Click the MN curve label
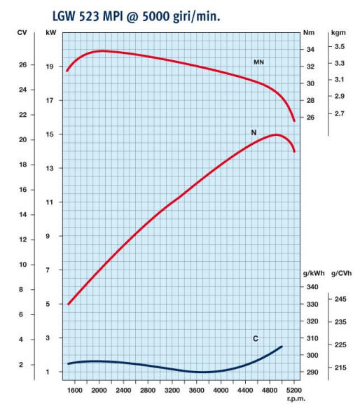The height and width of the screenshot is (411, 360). tap(258, 62)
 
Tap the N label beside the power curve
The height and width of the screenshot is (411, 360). tap(254, 132)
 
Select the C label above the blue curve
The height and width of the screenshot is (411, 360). tap(256, 339)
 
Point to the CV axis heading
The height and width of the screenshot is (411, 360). tap(22, 33)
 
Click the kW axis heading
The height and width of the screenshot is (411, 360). tap(50, 33)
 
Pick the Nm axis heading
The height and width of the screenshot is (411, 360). tap(308, 33)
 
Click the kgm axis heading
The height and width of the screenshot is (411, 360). tap(339, 33)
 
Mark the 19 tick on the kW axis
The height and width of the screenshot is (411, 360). tap(50, 67)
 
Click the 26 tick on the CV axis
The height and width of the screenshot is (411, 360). tap(22, 64)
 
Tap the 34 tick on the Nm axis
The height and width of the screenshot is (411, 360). tap(310, 49)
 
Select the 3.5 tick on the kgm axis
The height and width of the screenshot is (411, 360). tap(340, 46)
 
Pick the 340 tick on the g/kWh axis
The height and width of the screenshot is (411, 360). tap(312, 287)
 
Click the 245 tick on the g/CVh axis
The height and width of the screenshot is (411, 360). tap(340, 299)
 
